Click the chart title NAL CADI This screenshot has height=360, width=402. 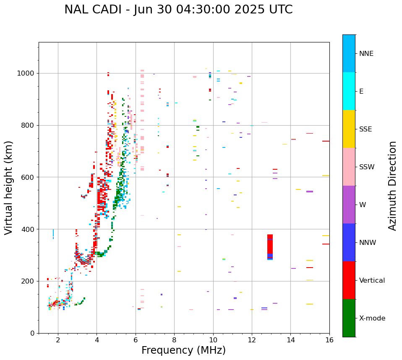point(178,10)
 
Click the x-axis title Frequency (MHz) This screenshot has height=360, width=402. point(183,350)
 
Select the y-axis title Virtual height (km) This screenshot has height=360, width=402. point(9,187)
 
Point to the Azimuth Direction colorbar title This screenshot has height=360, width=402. point(392,186)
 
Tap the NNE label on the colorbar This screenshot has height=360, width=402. point(366,54)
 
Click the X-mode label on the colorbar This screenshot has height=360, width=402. point(372,318)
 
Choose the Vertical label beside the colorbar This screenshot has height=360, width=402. point(372,281)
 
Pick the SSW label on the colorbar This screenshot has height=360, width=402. point(367,167)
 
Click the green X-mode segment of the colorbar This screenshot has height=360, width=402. point(349,318)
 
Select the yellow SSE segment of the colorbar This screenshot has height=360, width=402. point(349,129)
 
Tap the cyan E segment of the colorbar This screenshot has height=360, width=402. point(349,91)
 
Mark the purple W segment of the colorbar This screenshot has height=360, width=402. point(349,205)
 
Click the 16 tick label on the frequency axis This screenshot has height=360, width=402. point(329,340)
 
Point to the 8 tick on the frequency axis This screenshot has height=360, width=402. point(174,340)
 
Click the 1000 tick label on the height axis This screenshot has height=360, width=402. point(26,74)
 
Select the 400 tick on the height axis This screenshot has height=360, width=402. point(28,229)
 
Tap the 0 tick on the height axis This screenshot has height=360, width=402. point(33,333)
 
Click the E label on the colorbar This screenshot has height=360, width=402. point(361,92)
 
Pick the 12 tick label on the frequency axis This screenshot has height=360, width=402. point(252,340)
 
